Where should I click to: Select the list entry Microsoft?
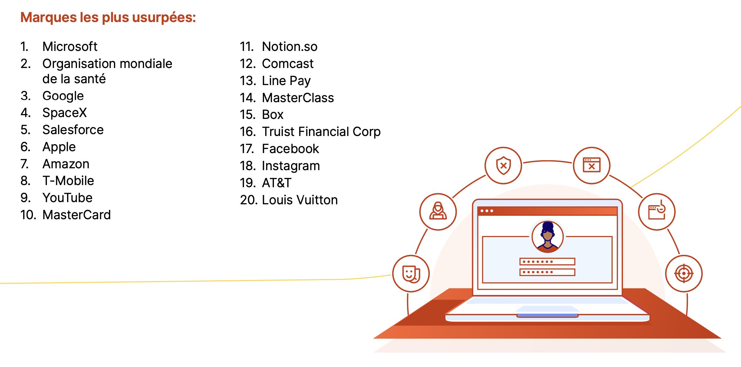[70, 47]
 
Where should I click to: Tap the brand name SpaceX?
[65, 113]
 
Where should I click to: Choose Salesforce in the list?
[73, 130]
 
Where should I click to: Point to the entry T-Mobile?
[68, 181]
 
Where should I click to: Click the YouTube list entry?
[67, 198]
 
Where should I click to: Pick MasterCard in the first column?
[77, 215]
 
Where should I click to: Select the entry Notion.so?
[290, 47]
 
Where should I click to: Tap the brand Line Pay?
[286, 81]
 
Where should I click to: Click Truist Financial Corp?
[321, 132]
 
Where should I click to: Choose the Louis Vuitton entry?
[300, 200]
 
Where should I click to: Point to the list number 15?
[248, 115]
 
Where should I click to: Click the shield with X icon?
[503, 165]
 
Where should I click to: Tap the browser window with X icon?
[592, 165]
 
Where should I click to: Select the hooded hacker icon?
[438, 212]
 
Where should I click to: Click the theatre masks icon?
[411, 274]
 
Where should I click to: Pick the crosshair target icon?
[684, 274]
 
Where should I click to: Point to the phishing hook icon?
[657, 212]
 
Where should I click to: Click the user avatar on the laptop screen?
[548, 236]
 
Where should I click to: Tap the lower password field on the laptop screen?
[547, 272]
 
